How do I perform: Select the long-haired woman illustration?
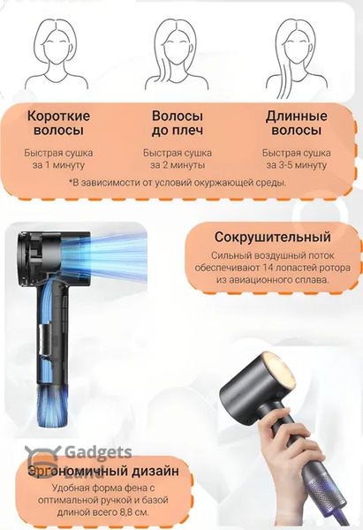(x=296, y=57)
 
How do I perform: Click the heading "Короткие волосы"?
(x=58, y=123)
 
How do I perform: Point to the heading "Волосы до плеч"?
(x=178, y=123)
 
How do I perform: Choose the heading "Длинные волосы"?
(x=297, y=123)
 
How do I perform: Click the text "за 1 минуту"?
(x=58, y=165)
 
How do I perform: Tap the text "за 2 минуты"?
(x=178, y=165)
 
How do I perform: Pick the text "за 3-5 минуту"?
(x=297, y=165)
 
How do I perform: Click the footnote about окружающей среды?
(x=178, y=183)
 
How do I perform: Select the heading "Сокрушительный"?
(x=272, y=237)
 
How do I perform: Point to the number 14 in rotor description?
(x=267, y=268)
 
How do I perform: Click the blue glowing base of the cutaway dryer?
(x=53, y=405)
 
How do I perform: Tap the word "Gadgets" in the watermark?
(x=98, y=452)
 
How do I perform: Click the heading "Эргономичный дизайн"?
(x=103, y=471)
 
